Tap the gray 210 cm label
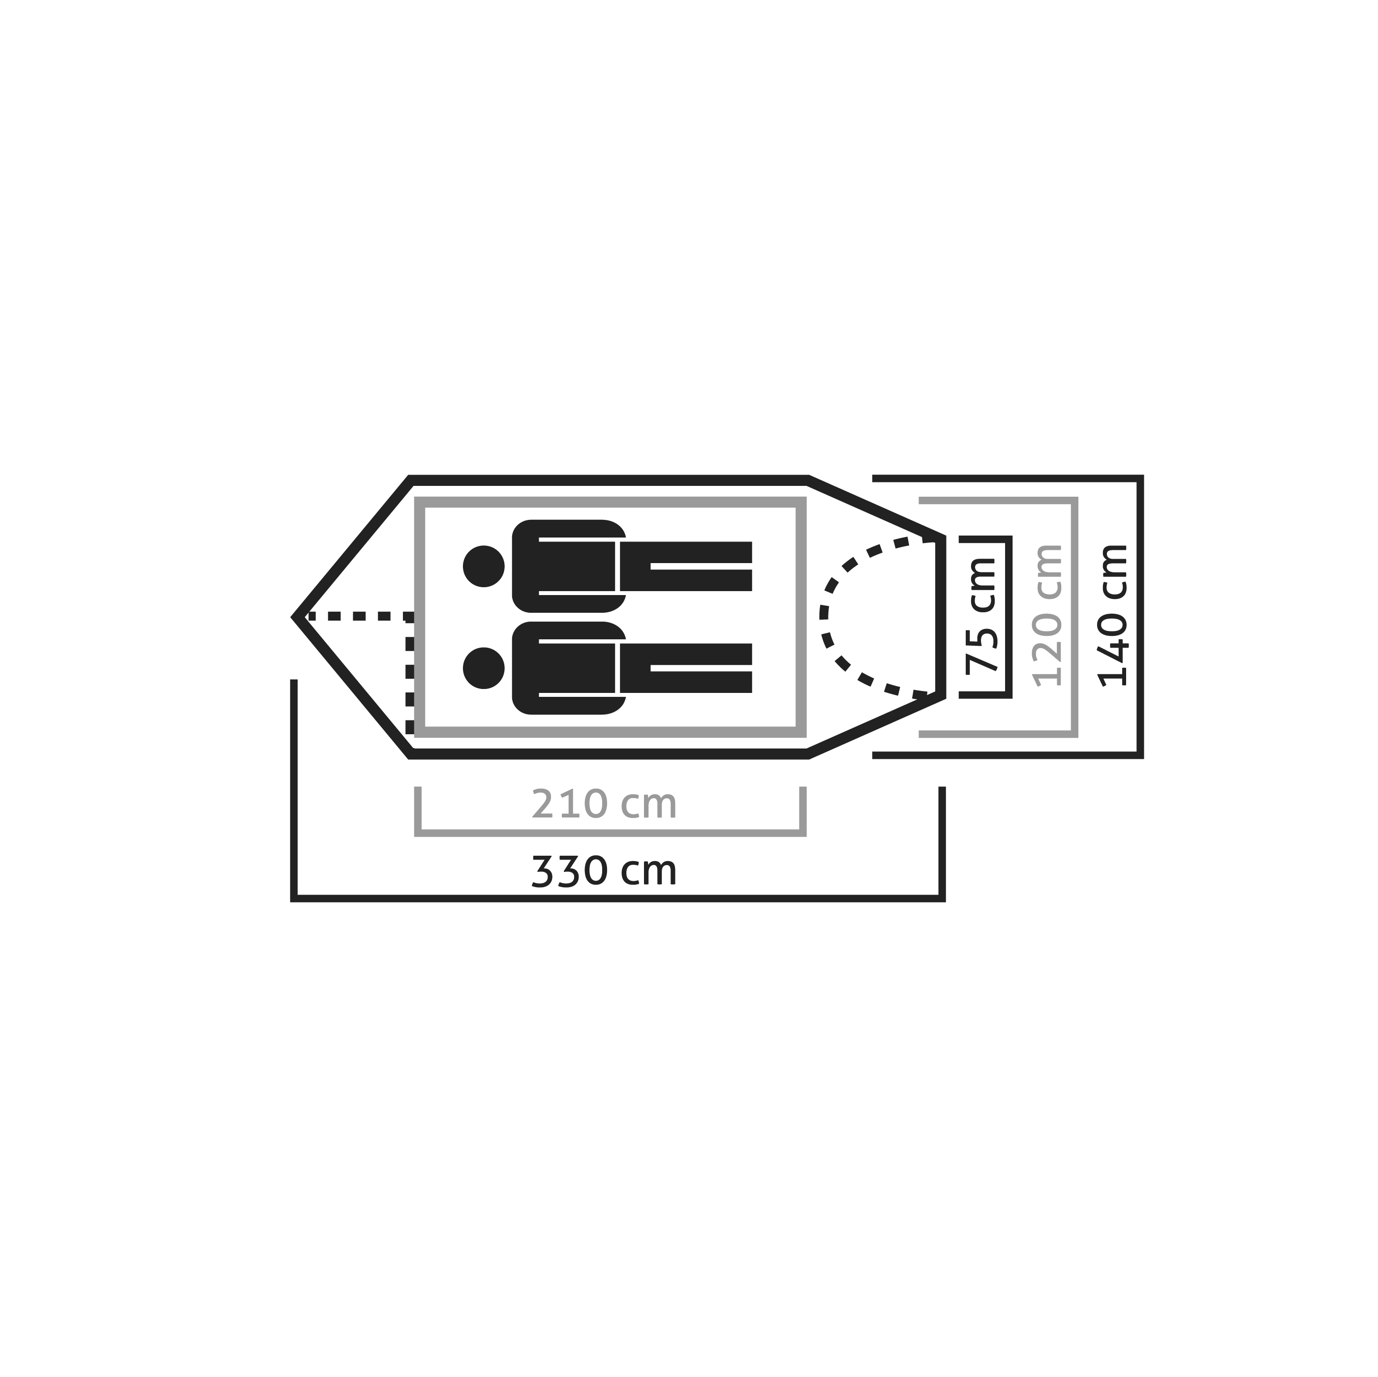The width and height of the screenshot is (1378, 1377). tap(604, 805)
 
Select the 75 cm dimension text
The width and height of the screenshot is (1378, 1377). tap(980, 616)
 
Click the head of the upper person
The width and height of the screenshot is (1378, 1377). tap(484, 566)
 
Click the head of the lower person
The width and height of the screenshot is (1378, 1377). tap(484, 668)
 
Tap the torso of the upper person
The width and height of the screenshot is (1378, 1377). tap(568, 566)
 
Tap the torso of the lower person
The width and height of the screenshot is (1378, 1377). tap(568, 668)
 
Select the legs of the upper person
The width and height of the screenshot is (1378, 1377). tap(685, 566)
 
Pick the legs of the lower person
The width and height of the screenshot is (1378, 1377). tap(685, 668)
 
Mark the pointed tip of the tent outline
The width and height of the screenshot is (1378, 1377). tap(293, 617)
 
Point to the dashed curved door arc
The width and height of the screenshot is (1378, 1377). tap(825, 616)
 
